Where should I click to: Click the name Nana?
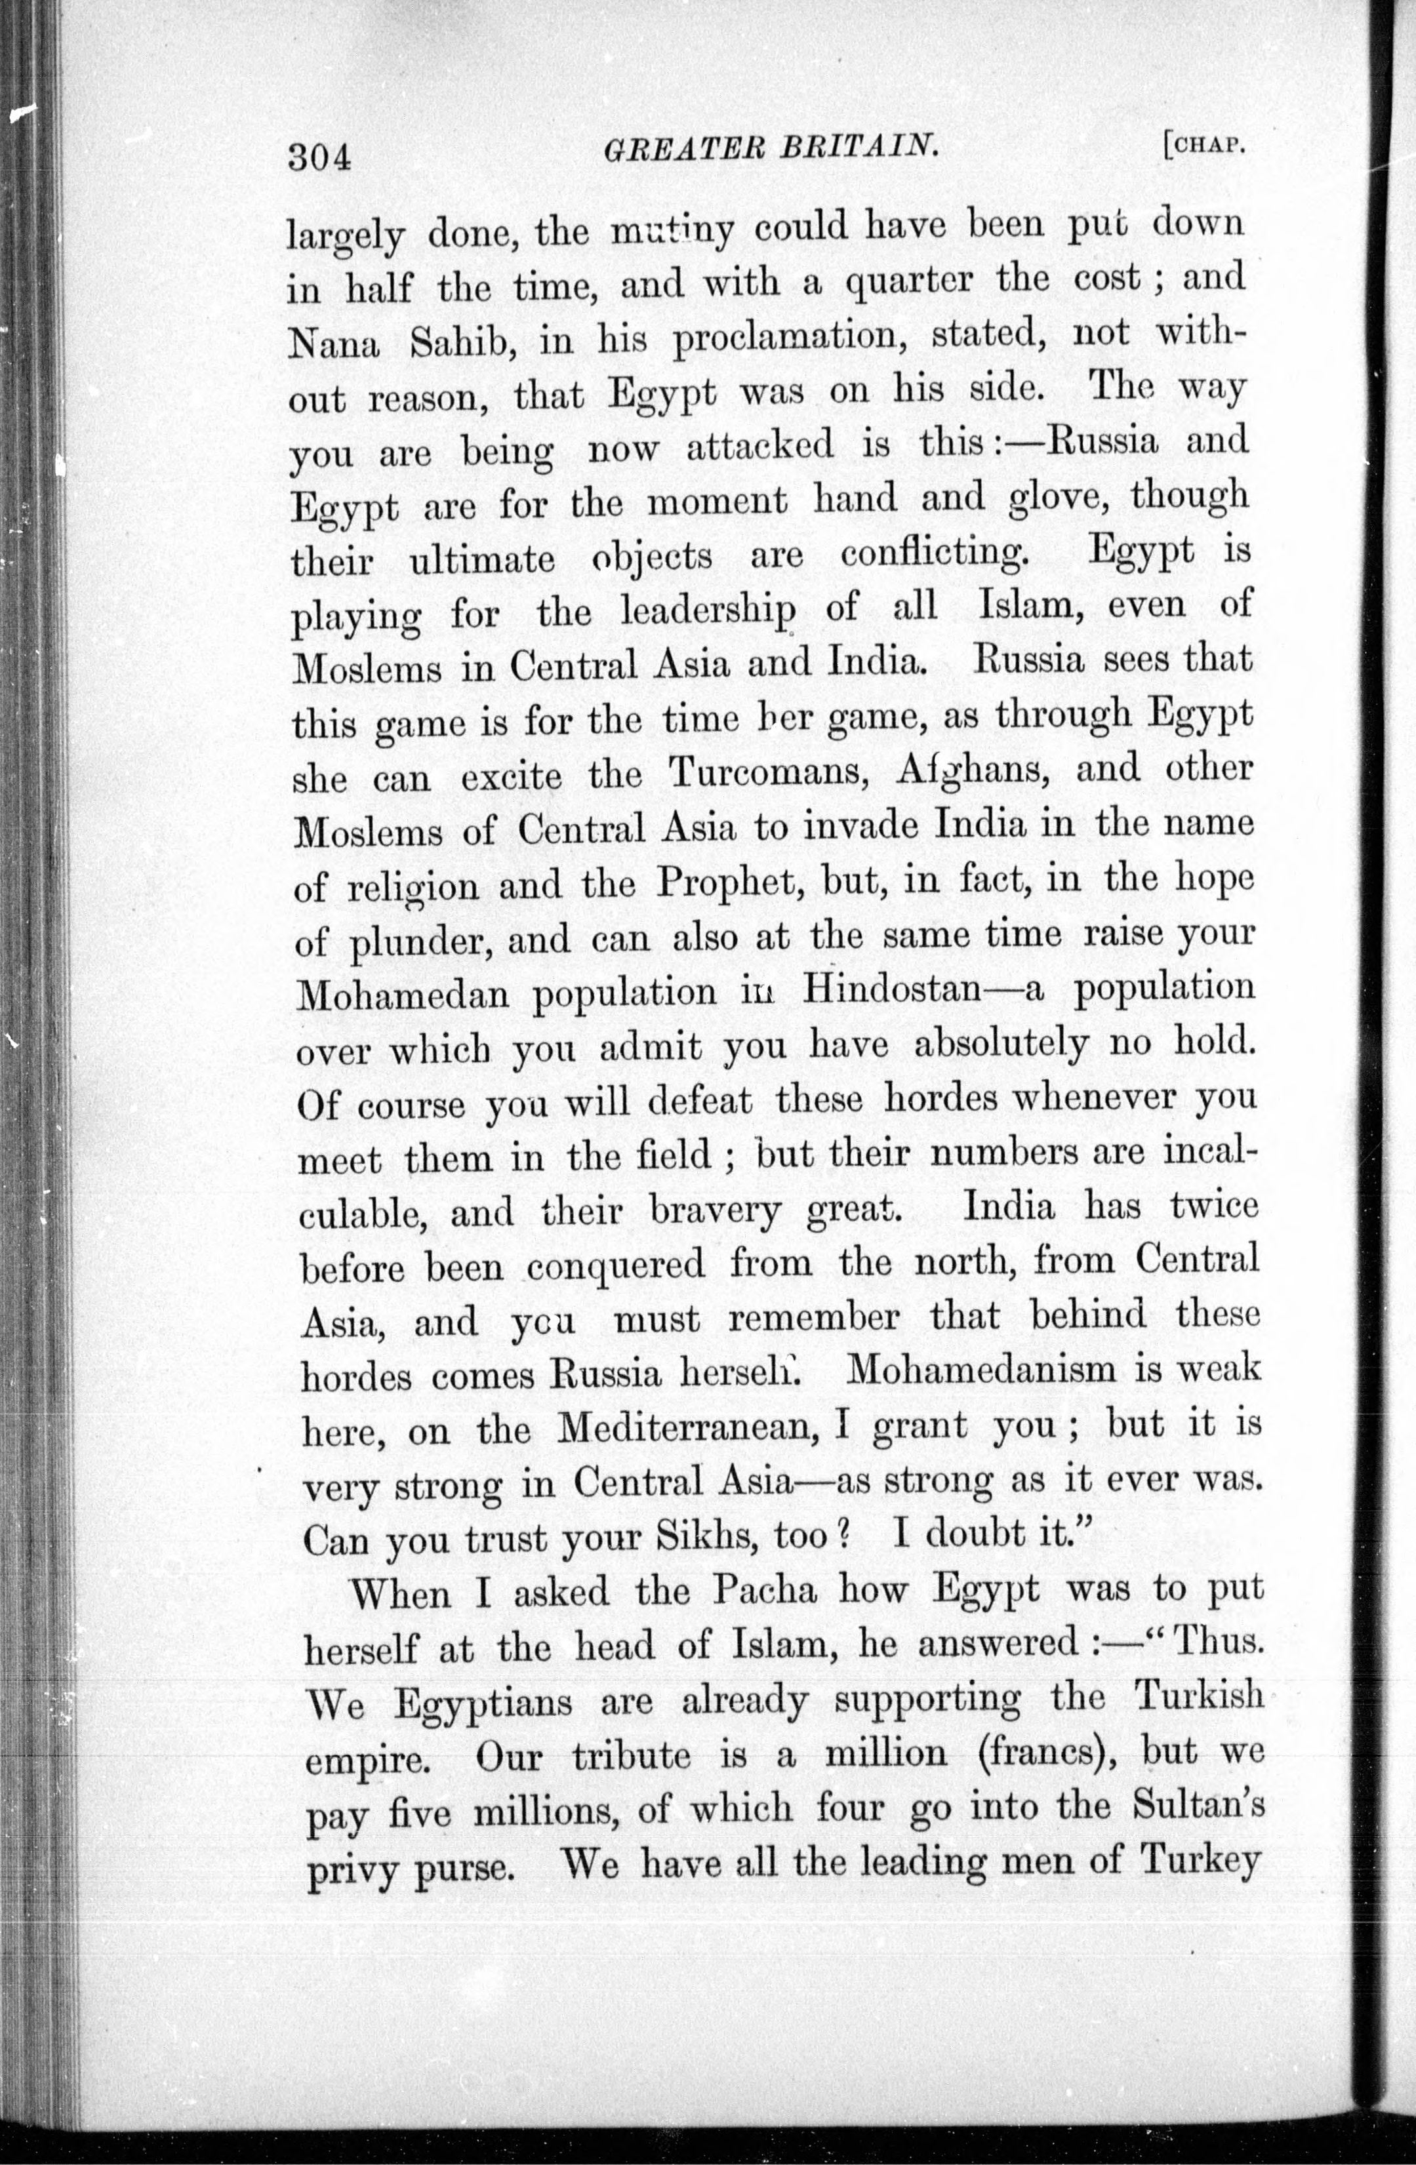pos(334,344)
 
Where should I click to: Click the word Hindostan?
pos(890,989)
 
